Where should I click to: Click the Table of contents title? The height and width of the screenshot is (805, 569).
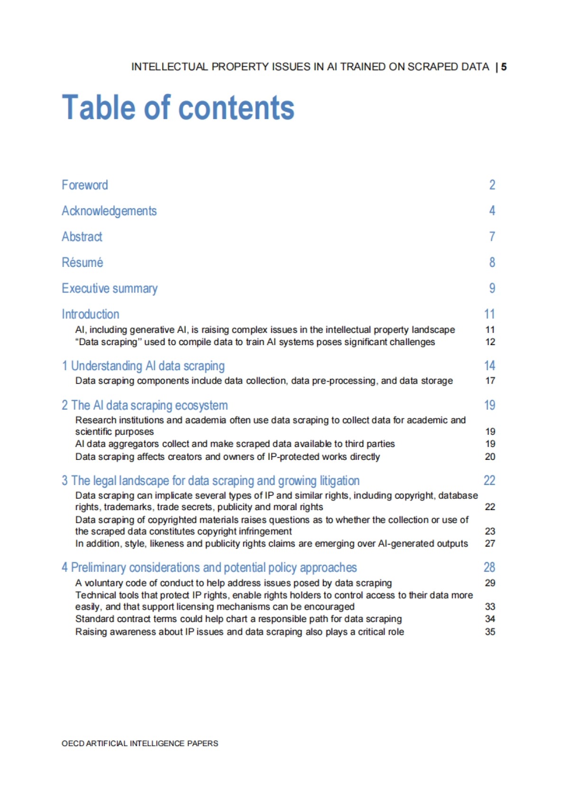click(178, 107)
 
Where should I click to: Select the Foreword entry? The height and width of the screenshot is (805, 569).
click(85, 185)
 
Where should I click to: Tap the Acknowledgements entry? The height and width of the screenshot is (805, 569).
click(109, 211)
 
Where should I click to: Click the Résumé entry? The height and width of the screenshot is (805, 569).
click(82, 263)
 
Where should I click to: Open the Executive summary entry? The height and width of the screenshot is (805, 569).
click(110, 288)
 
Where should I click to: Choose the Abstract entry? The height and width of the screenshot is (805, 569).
click(82, 237)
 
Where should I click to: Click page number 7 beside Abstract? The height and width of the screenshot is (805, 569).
click(492, 237)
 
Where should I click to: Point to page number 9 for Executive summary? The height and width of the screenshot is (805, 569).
click(492, 288)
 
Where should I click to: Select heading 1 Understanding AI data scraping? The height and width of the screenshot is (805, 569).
click(143, 366)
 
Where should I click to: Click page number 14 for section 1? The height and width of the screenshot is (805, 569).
click(489, 366)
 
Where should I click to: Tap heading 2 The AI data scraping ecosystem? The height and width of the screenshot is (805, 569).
click(145, 405)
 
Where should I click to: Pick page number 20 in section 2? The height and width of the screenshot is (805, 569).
click(490, 457)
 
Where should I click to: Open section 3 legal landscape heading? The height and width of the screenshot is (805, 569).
click(211, 481)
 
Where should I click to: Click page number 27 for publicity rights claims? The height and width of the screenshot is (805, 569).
click(490, 543)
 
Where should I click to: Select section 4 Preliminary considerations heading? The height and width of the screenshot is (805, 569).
click(209, 567)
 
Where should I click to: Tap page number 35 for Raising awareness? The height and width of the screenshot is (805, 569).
click(490, 631)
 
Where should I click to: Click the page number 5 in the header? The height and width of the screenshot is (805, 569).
click(504, 67)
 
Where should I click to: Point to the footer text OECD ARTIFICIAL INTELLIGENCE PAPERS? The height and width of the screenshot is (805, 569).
click(140, 743)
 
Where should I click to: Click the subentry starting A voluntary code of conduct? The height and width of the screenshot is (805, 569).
click(233, 583)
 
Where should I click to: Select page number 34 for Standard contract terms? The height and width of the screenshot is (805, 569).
click(490, 619)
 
